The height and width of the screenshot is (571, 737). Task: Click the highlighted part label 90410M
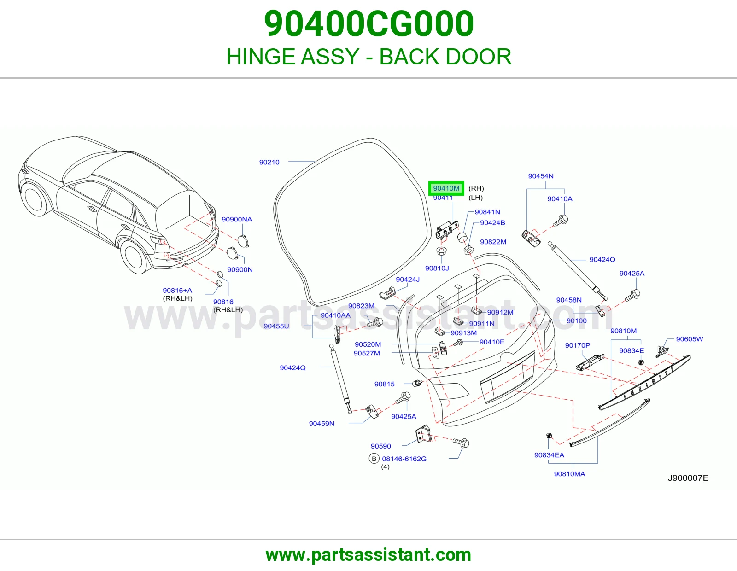446,188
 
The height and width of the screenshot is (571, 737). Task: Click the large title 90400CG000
368,23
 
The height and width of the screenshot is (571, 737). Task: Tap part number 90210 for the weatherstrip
269,162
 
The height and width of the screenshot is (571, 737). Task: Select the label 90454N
541,176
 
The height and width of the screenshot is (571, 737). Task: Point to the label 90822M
493,242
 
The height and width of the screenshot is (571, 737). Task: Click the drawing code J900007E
688,478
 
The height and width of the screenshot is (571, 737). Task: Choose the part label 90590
381,446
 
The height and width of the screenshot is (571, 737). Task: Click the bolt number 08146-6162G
404,459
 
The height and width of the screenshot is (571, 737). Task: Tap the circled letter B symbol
374,459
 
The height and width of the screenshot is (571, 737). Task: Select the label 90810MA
569,474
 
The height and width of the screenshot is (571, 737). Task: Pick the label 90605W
690,339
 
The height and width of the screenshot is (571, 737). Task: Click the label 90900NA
237,219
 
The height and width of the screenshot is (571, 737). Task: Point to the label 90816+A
177,290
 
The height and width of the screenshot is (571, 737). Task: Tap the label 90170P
578,345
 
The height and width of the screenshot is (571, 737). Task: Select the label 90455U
276,326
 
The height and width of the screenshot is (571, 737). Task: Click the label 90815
385,384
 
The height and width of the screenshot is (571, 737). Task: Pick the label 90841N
487,212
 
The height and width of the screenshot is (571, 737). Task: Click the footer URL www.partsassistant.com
368,555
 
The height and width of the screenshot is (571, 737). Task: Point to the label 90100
577,321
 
